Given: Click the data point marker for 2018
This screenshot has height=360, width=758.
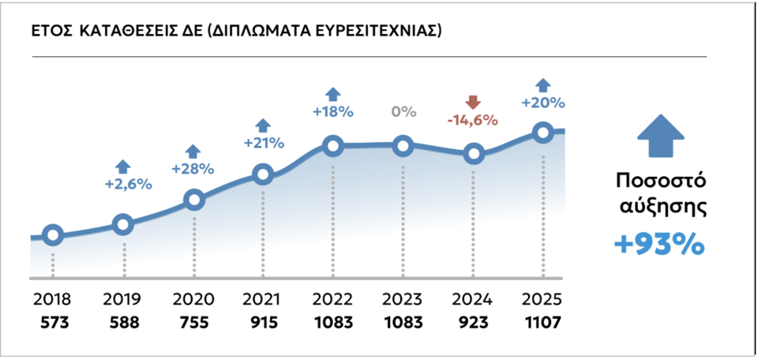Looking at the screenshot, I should click(x=53, y=234).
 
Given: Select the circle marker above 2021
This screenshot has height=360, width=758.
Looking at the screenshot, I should click(x=263, y=174).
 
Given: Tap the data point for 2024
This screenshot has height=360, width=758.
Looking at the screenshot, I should click(x=473, y=154).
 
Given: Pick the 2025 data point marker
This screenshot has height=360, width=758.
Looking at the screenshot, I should click(x=542, y=133).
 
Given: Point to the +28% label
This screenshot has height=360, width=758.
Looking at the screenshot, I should click(x=193, y=168).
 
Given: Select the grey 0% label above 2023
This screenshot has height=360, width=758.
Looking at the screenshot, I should click(x=403, y=111).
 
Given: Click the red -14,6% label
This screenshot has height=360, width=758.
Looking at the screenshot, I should click(x=472, y=120).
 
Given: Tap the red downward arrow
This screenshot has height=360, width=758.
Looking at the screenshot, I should click(x=472, y=103).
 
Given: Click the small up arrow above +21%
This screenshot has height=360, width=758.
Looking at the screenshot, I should click(x=262, y=125).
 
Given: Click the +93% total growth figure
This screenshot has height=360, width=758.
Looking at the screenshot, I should click(x=659, y=245).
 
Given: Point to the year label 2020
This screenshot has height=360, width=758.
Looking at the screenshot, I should click(x=193, y=301).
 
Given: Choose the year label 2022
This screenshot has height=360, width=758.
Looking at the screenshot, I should click(x=332, y=301).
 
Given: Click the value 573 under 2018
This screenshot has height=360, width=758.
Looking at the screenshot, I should click(x=53, y=322).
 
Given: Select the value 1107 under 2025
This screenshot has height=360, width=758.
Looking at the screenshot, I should click(x=542, y=322).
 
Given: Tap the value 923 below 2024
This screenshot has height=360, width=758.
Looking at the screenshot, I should click(x=472, y=322).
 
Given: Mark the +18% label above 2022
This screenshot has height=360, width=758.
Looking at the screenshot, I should click(x=332, y=112).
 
